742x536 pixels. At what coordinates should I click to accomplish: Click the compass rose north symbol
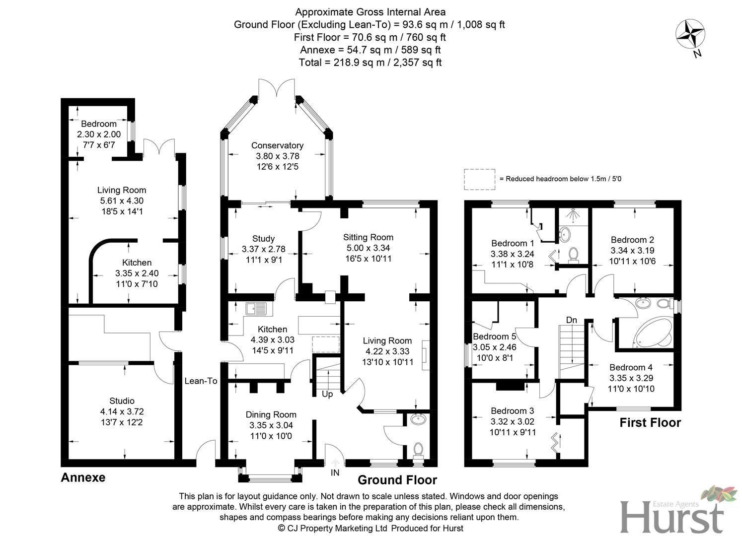[690, 36]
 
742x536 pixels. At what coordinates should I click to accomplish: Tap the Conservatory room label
[277, 145]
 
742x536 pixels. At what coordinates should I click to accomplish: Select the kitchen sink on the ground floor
[256, 309]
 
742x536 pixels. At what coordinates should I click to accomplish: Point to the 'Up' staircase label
[327, 394]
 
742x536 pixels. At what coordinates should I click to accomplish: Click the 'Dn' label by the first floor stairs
[572, 320]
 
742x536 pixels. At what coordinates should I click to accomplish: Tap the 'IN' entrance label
[335, 473]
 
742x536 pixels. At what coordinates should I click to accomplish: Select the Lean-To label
[201, 381]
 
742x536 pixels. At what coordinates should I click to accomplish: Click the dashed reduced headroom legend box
[479, 179]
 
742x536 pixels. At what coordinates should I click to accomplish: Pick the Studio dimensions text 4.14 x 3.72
[122, 411]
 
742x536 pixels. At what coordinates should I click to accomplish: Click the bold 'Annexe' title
[83, 477]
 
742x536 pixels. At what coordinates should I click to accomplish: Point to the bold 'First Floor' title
[650, 423]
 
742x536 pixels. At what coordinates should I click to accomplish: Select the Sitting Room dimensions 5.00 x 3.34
[368, 248]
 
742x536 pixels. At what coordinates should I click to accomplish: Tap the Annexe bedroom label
[99, 124]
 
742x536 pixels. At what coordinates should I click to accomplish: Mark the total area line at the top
[370, 63]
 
